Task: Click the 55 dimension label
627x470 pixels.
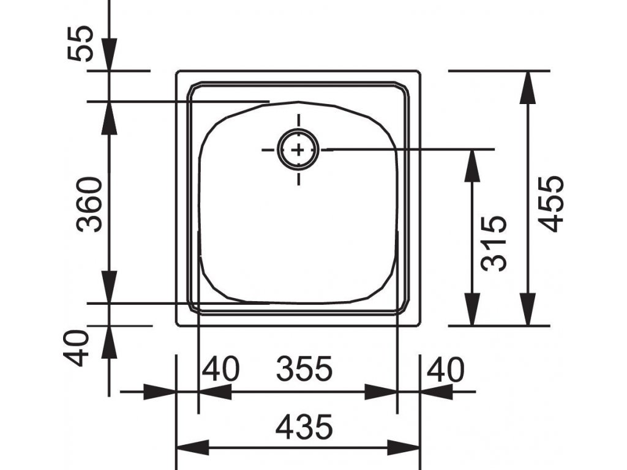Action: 81,43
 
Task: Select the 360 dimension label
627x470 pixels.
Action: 89,204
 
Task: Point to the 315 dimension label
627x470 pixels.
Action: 494,244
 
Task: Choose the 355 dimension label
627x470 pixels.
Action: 304,368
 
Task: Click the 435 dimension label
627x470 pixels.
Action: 304,427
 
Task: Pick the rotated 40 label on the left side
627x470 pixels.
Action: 77,348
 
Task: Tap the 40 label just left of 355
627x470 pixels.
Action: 220,368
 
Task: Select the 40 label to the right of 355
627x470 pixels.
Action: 446,368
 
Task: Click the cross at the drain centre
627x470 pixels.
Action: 298,150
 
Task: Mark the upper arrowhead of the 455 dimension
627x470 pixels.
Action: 528,88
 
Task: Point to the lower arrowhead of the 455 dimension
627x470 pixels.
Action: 528,309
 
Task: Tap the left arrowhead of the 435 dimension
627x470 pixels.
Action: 193,447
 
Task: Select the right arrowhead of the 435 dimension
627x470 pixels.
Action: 404,447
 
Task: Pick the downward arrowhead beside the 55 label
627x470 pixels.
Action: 109,54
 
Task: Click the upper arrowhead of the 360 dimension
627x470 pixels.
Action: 109,118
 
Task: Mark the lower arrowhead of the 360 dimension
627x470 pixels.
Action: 109,287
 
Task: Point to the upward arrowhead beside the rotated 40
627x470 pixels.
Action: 109,342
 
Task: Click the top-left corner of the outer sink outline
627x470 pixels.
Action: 177,72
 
